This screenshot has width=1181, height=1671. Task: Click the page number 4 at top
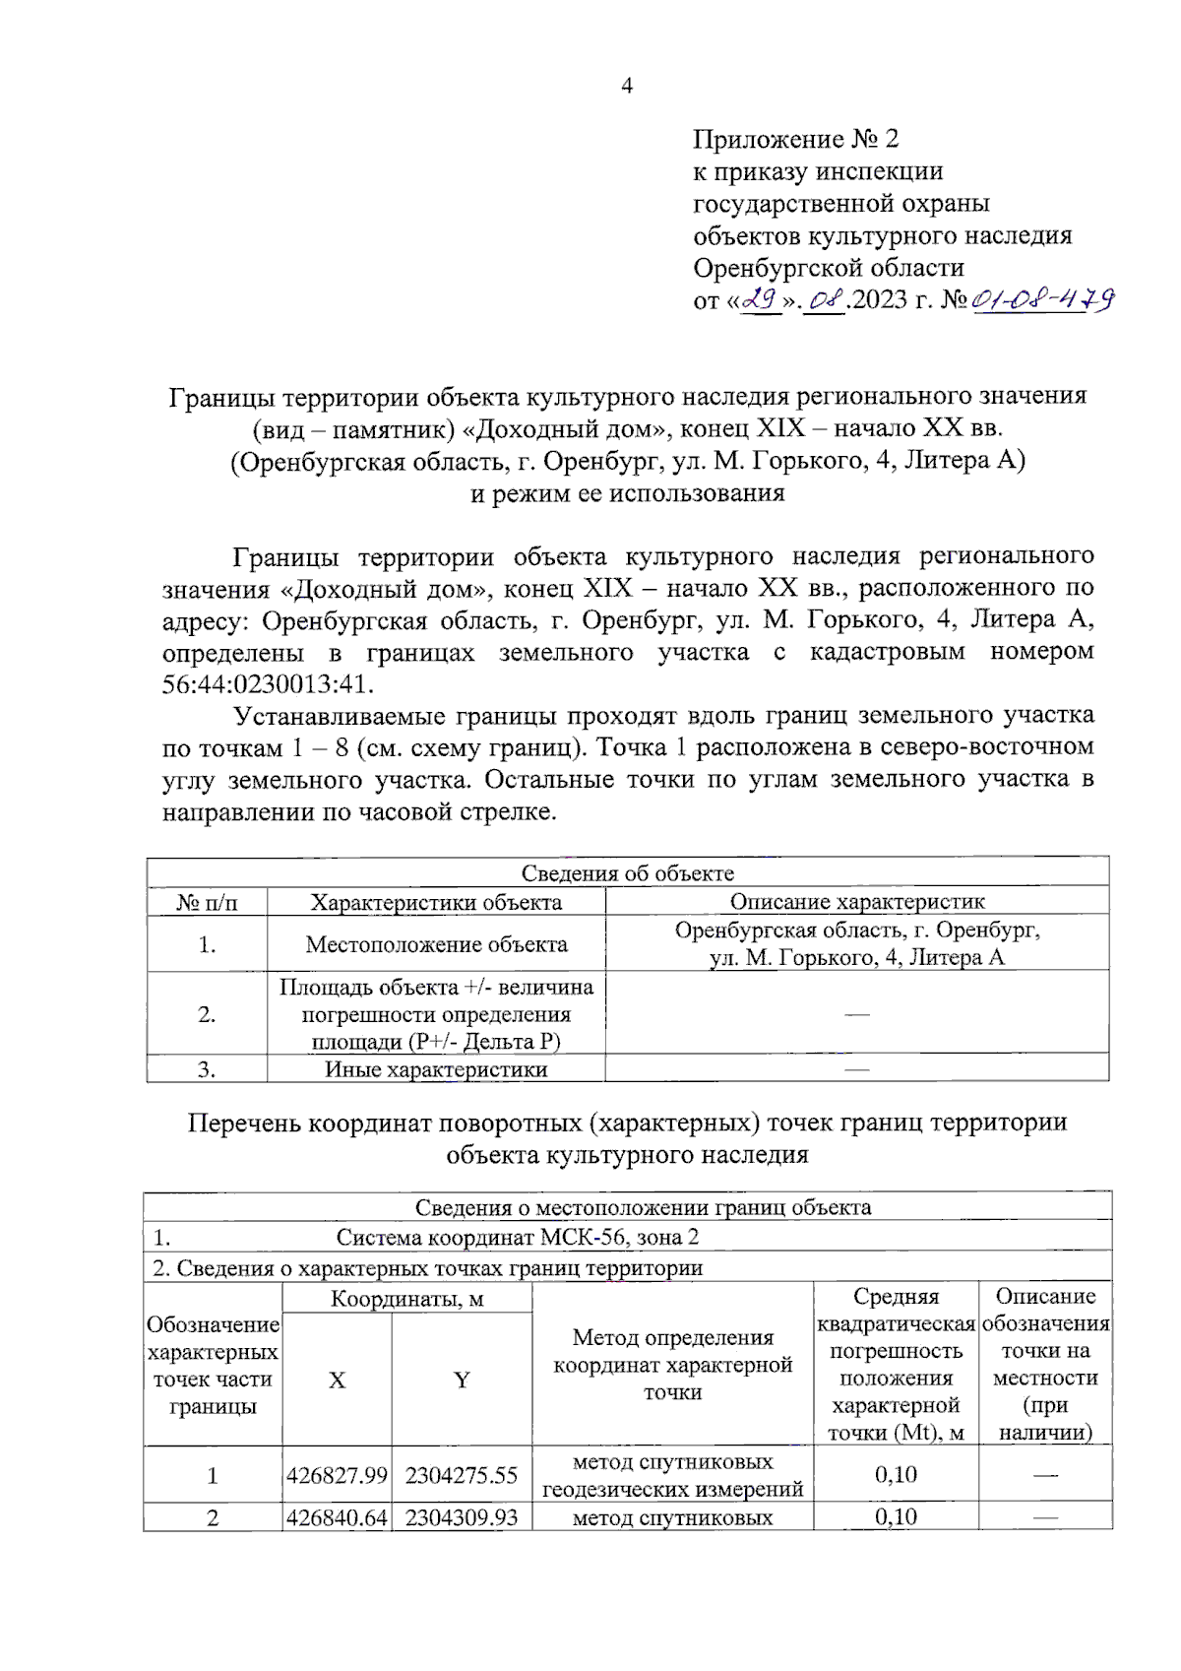(627, 86)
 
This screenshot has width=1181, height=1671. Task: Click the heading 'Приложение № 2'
(795, 139)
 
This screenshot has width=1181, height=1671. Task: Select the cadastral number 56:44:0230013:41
(268, 683)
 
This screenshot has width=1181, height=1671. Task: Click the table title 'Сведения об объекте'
(627, 872)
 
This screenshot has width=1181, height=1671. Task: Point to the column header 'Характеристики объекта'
(436, 902)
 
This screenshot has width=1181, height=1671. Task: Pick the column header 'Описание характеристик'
(856, 901)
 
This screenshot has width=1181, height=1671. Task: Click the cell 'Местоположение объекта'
(436, 944)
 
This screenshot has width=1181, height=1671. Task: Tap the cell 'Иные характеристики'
(436, 1069)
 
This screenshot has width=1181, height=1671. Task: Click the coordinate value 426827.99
(337, 1475)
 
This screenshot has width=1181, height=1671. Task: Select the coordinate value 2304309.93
(461, 1517)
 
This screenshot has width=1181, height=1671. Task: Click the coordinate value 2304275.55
(461, 1475)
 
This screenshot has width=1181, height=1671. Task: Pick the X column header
(337, 1381)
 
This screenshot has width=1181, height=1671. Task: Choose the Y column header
(461, 1381)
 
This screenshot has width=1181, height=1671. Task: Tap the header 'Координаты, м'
(406, 1299)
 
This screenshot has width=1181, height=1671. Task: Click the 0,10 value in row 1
(895, 1474)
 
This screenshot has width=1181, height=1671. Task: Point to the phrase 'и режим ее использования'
(627, 493)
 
